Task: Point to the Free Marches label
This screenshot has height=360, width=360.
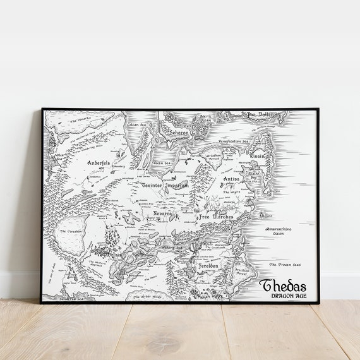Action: point(216,217)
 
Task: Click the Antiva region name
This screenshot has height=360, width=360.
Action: point(232,179)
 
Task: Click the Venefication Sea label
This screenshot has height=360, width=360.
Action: point(234,141)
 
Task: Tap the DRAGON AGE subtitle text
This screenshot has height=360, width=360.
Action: point(284,296)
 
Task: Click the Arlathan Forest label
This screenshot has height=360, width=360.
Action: point(213,155)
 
